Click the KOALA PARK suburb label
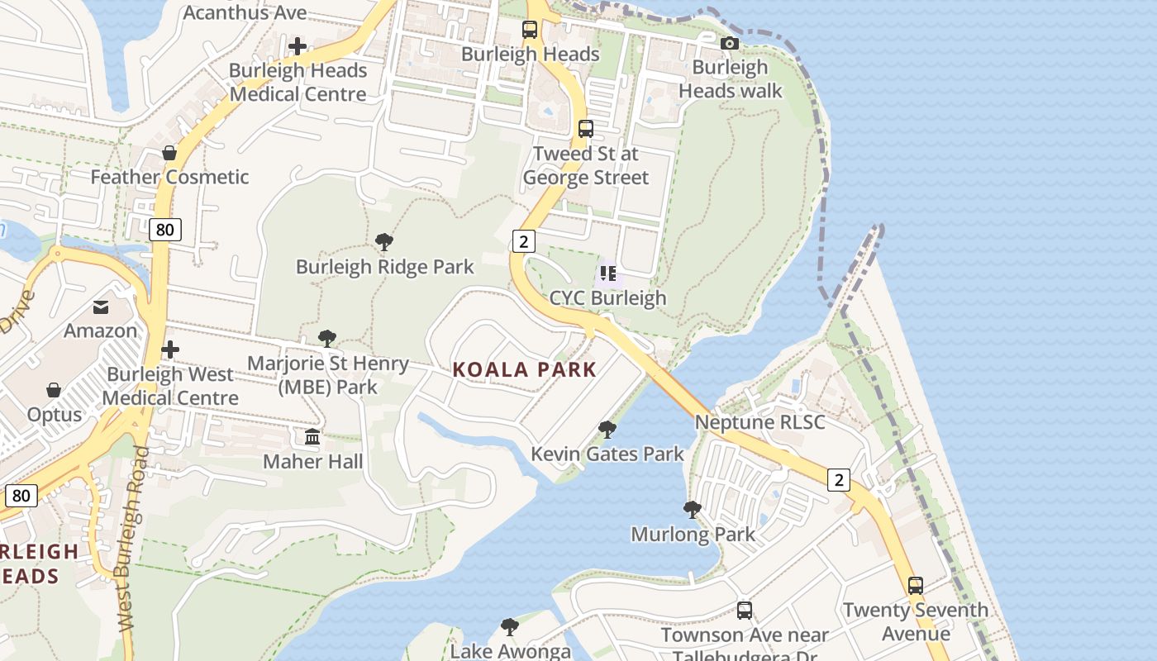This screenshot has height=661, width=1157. (x=524, y=369)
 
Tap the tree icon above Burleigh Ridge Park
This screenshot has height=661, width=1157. (x=383, y=242)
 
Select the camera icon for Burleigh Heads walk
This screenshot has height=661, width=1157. (x=729, y=43)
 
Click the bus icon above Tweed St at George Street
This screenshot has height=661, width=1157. (x=585, y=129)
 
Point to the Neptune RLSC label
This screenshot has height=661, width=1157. (x=759, y=422)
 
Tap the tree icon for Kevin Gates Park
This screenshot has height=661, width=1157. (x=607, y=430)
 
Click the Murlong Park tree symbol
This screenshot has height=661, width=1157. (x=693, y=510)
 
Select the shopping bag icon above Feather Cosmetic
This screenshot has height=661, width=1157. (x=169, y=153)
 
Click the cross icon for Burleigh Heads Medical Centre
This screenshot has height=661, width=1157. (x=298, y=46)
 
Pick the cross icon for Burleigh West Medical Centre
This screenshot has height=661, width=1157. (x=170, y=350)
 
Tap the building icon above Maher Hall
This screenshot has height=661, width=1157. (x=312, y=436)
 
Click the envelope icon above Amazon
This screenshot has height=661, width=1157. (x=101, y=307)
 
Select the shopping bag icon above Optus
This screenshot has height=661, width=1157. (x=54, y=390)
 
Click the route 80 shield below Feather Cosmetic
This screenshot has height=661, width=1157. (x=165, y=230)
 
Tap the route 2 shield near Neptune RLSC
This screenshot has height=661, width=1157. (x=839, y=479)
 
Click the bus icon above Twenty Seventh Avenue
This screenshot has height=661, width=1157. (x=915, y=586)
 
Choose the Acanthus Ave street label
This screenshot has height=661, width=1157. (x=245, y=12)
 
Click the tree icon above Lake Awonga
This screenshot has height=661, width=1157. (x=510, y=627)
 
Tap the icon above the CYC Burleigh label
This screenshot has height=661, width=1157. (x=607, y=273)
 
